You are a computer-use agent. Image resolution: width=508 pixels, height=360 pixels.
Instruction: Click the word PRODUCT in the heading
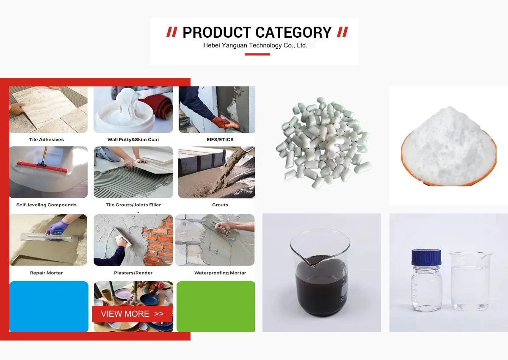pos(217,32)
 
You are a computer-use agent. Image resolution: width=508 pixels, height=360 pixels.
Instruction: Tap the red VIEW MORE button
pos(132,314)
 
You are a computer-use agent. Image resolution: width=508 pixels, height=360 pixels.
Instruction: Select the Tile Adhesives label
pos(47,139)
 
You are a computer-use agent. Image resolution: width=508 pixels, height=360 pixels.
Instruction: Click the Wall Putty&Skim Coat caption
pos(133,139)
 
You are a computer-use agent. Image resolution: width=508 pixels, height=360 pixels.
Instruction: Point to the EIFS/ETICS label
pos(220,139)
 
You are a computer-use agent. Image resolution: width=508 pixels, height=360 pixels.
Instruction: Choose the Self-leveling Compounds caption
pos(46,205)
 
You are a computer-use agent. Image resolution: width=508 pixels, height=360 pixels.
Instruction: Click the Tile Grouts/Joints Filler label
pos(133,205)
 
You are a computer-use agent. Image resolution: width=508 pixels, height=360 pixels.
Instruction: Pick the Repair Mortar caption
pos(46,273)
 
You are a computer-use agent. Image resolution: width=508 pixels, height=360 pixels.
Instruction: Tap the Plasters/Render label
pos(133,273)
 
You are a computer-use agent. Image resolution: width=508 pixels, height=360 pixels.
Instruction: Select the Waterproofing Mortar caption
pos(220,273)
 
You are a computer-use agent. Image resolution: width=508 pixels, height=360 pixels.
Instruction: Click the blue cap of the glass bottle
pos(426,257)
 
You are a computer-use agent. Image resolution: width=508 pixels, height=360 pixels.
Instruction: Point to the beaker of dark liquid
pos(320,272)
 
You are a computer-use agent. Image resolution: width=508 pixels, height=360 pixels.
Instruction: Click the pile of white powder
pos(448,146)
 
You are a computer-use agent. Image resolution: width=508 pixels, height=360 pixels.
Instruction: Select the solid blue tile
pos(49,307)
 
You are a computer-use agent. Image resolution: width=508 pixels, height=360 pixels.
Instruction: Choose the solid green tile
pos(215,307)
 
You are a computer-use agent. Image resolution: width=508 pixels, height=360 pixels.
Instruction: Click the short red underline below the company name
pos(257,55)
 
